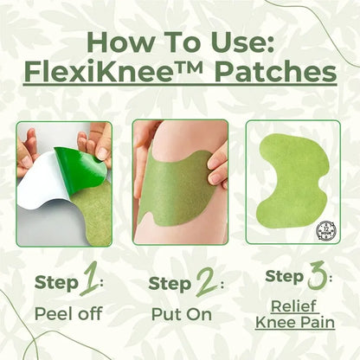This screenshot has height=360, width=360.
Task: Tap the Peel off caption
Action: point(63,313)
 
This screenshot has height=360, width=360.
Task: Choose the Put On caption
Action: point(179,313)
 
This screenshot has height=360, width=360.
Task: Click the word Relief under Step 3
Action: point(295,305)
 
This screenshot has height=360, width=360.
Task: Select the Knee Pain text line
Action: point(295,322)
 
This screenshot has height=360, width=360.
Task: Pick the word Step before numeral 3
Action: point(282,277)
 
